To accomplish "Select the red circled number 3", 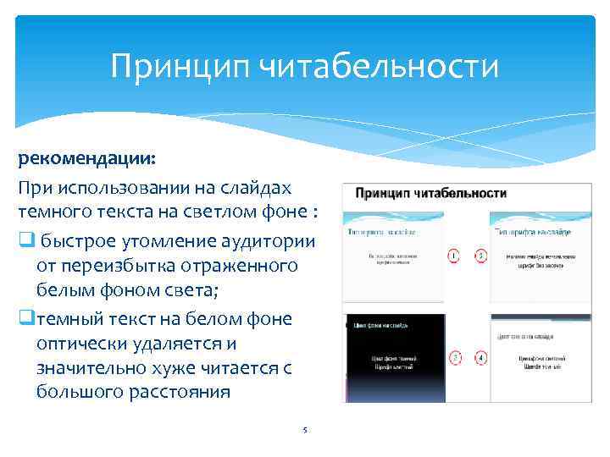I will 455,357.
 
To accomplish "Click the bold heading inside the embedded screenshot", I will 431,193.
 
